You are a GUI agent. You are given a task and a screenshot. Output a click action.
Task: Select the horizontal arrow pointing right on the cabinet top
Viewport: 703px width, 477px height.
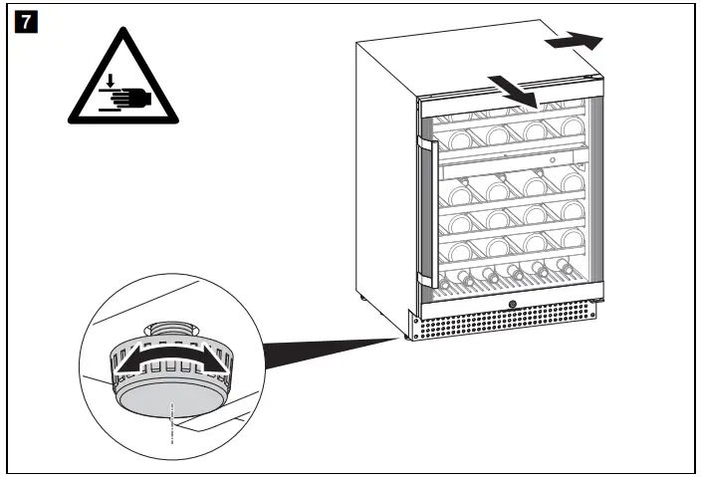pyautogui.click(x=576, y=41)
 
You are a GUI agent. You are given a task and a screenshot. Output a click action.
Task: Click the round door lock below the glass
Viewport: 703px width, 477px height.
pyautogui.click(x=513, y=306)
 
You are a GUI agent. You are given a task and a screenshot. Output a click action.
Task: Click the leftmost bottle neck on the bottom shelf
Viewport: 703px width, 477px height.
pyautogui.click(x=462, y=278)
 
